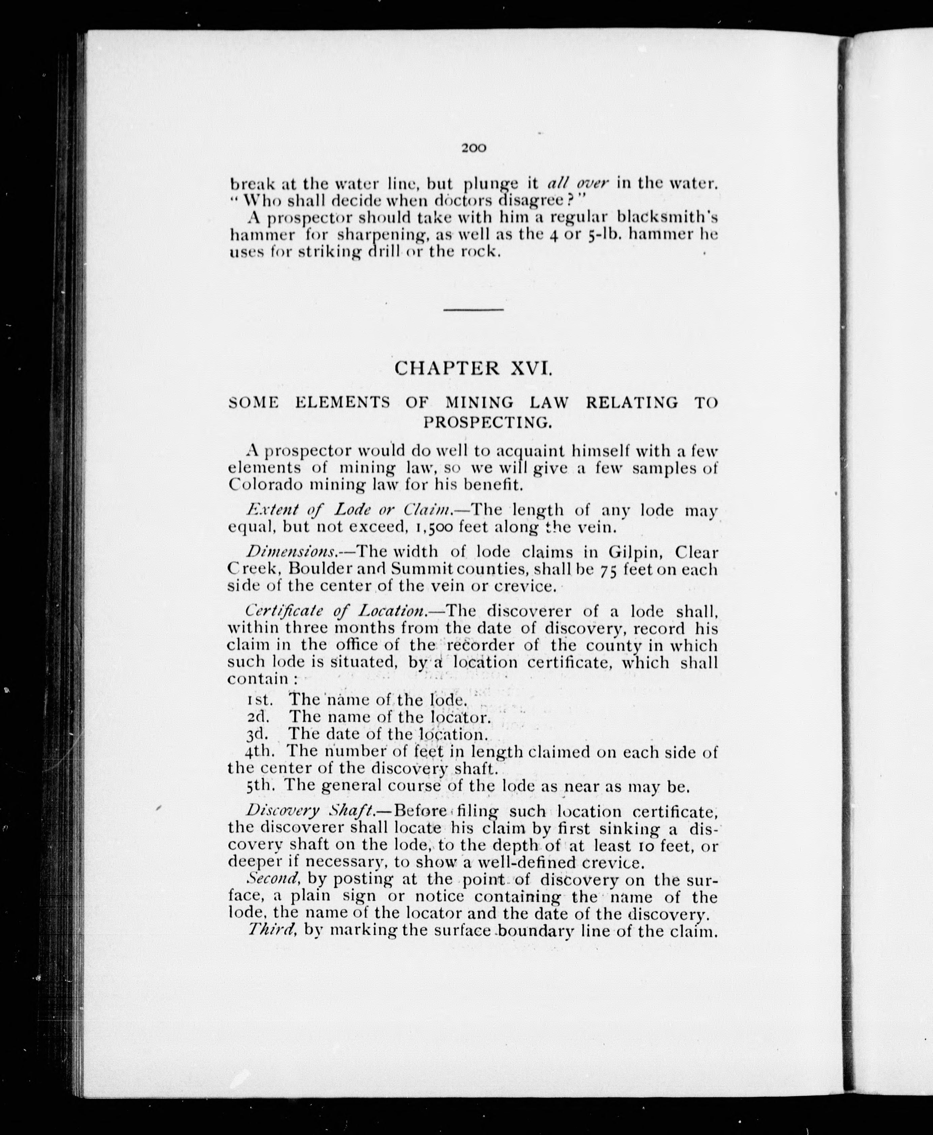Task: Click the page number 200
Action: click(474, 148)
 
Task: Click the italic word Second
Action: click(273, 879)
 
